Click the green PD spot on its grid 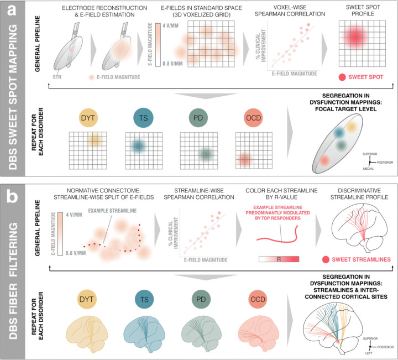[205, 153]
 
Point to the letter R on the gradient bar [279, 259]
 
